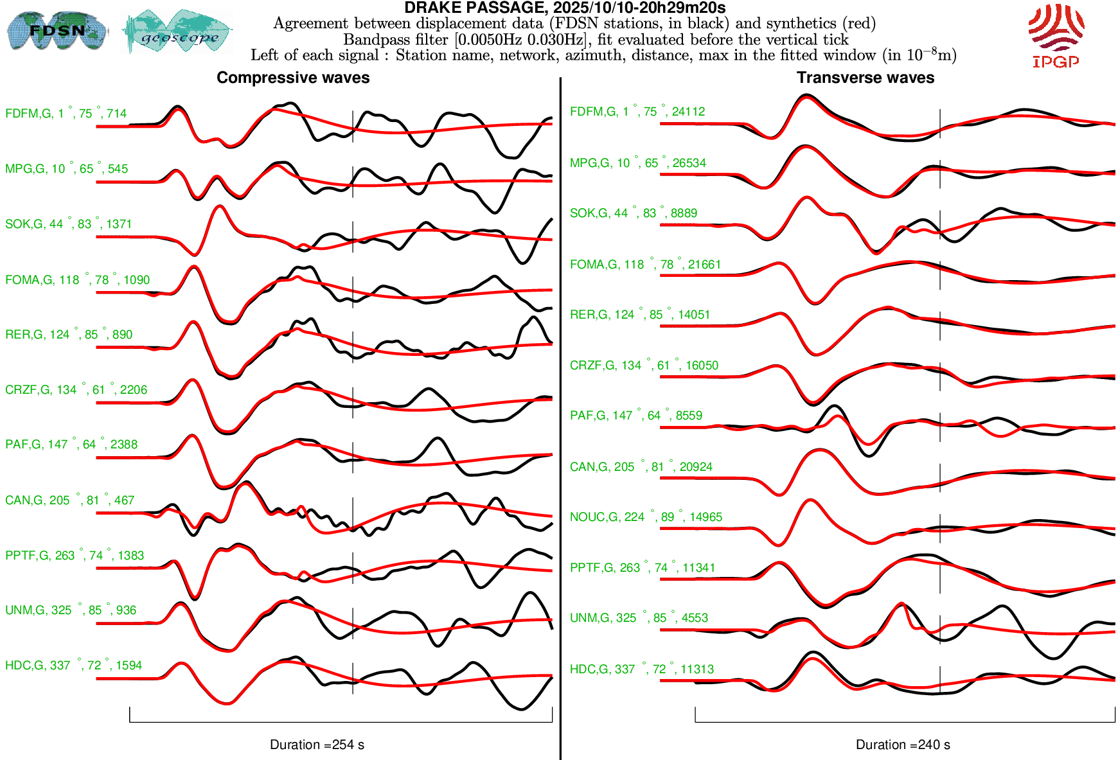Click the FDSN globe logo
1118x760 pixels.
[57, 30]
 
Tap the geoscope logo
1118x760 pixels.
[178, 31]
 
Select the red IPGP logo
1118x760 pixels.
[1056, 35]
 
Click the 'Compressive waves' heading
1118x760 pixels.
[293, 78]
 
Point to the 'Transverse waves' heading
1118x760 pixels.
[865, 78]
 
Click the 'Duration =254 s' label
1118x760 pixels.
[317, 745]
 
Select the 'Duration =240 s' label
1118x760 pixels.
[903, 745]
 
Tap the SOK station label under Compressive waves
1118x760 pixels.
[68, 224]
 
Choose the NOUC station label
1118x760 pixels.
[646, 517]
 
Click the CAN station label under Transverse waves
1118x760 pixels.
[641, 467]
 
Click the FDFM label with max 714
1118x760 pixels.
[66, 114]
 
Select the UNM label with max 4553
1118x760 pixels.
[639, 618]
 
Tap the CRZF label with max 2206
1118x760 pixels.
[76, 390]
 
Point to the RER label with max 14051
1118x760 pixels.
[639, 315]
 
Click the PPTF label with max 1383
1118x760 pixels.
[75, 556]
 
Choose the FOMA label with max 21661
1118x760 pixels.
[645, 265]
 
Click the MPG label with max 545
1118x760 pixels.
[66, 169]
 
